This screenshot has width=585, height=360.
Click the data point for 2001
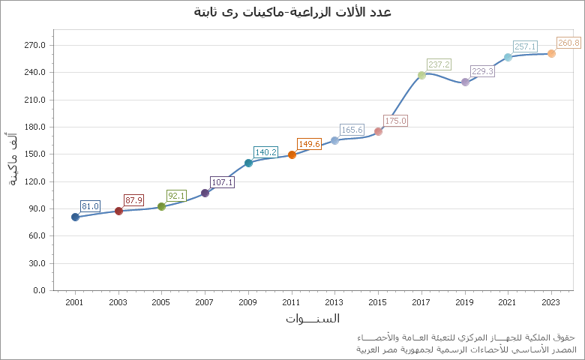tap(75, 217)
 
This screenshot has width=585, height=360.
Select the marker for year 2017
tap(421, 75)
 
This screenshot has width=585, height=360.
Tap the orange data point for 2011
tap(292, 154)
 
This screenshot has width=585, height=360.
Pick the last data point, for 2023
tap(551, 53)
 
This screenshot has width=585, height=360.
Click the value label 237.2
tap(439, 64)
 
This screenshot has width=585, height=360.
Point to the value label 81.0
tap(90, 206)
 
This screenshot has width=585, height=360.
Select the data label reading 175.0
tap(395, 121)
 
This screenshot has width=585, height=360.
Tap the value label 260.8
tap(568, 43)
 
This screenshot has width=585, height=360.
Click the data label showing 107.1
tap(223, 182)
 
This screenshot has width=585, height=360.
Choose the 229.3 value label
tap(482, 71)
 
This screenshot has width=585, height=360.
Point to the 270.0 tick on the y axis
tap(36, 45)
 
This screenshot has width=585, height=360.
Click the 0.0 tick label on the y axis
tap(39, 290)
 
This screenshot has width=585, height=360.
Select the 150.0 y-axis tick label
tap(36, 154)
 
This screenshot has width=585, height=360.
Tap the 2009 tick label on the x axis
tap(247, 302)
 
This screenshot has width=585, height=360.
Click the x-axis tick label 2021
tap(508, 302)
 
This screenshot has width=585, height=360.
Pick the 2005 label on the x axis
tap(161, 302)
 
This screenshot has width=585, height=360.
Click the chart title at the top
tap(292, 12)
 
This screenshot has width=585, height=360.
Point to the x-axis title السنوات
tap(312, 319)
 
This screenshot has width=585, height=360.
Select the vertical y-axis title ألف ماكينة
tap(13, 159)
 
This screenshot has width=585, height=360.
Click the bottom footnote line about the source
tap(466, 349)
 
